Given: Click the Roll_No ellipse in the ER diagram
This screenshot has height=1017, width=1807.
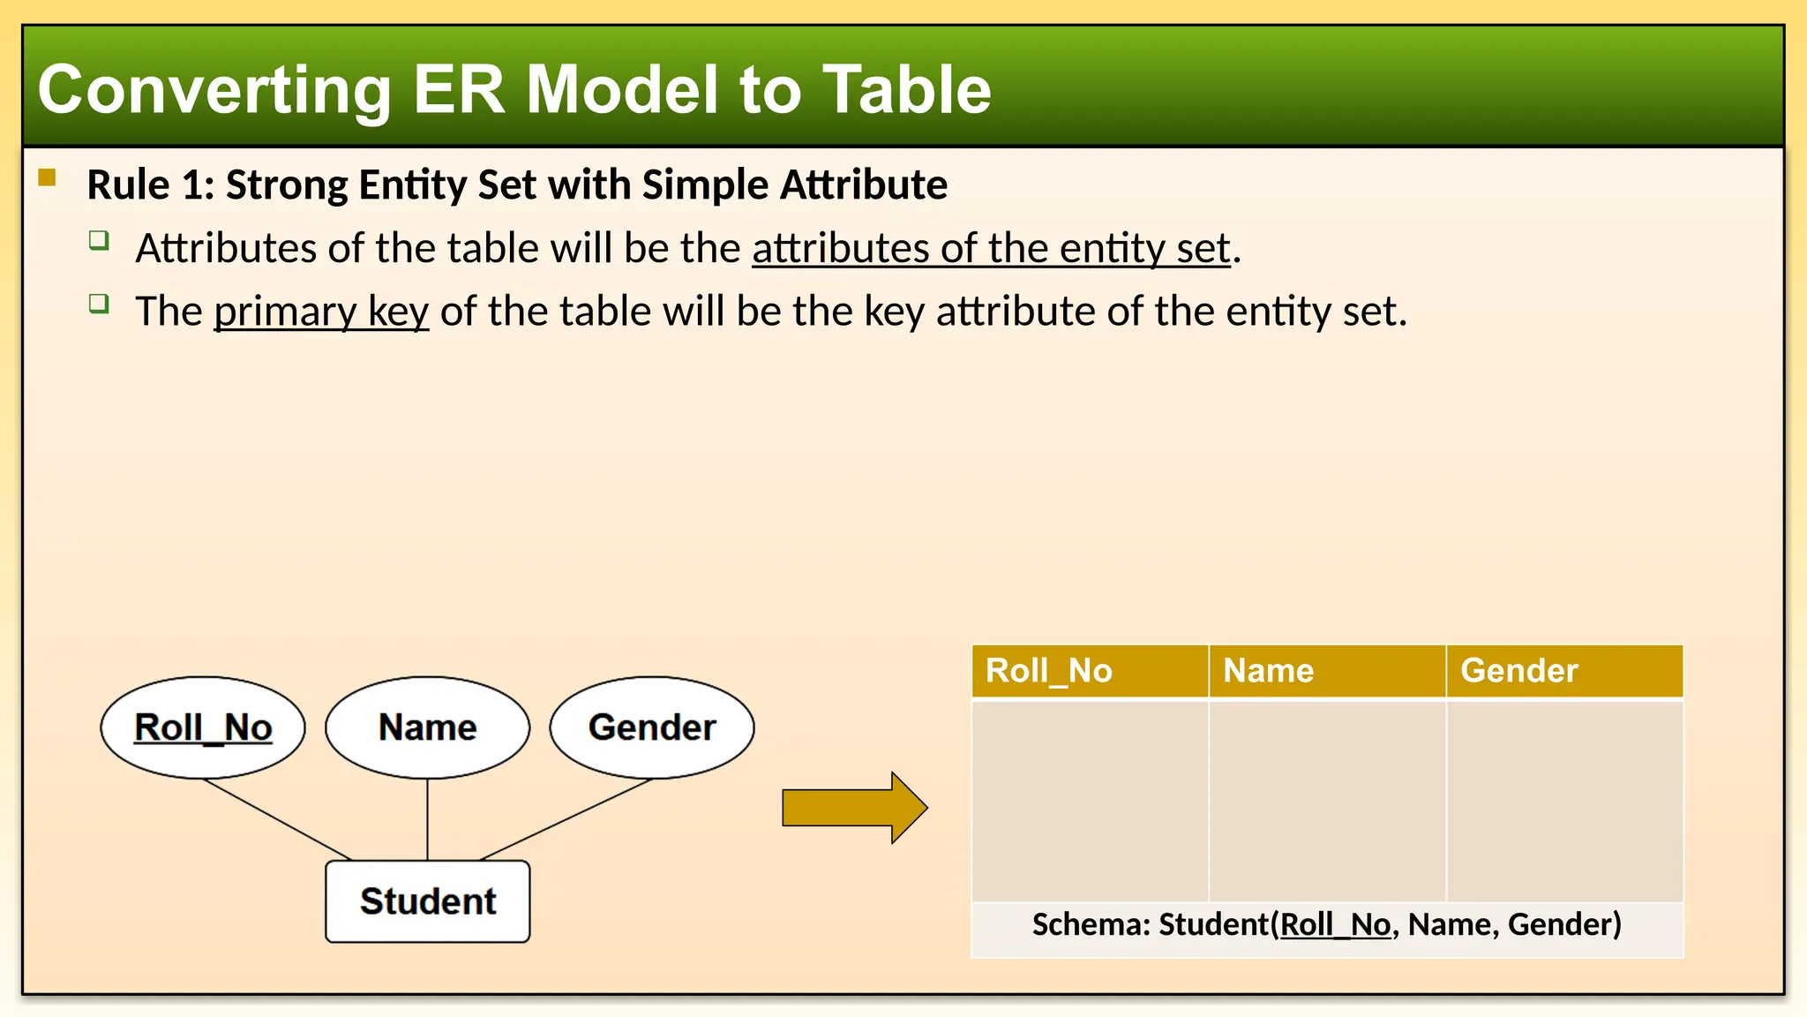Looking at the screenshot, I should click(x=203, y=727).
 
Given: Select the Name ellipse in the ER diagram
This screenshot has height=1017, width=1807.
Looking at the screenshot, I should click(x=427, y=727).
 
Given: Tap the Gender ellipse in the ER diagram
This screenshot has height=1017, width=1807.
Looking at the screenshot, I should click(x=652, y=727).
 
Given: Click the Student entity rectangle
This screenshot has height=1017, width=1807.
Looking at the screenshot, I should click(x=428, y=901).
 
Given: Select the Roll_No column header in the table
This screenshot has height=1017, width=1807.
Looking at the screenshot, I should click(x=1089, y=671).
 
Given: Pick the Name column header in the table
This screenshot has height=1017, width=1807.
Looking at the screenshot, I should click(x=1326, y=671).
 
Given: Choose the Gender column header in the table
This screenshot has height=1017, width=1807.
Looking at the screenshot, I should click(x=1563, y=671).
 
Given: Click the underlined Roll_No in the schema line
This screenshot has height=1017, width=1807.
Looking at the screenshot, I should click(x=1335, y=924).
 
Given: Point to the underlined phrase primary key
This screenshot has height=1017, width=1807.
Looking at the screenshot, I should click(x=321, y=312).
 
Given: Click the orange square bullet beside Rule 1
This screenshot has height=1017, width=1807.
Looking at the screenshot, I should click(x=48, y=178).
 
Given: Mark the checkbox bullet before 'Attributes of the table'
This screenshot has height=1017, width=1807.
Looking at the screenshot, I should click(x=99, y=240).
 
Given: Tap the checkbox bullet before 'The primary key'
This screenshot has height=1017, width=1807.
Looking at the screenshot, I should click(x=99, y=305).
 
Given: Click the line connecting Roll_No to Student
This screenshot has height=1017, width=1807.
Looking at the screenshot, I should click(x=278, y=819).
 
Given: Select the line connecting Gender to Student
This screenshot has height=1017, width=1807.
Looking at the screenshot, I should click(x=566, y=819).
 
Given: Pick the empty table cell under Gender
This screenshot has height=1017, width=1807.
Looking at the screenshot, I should click(x=1564, y=800).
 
